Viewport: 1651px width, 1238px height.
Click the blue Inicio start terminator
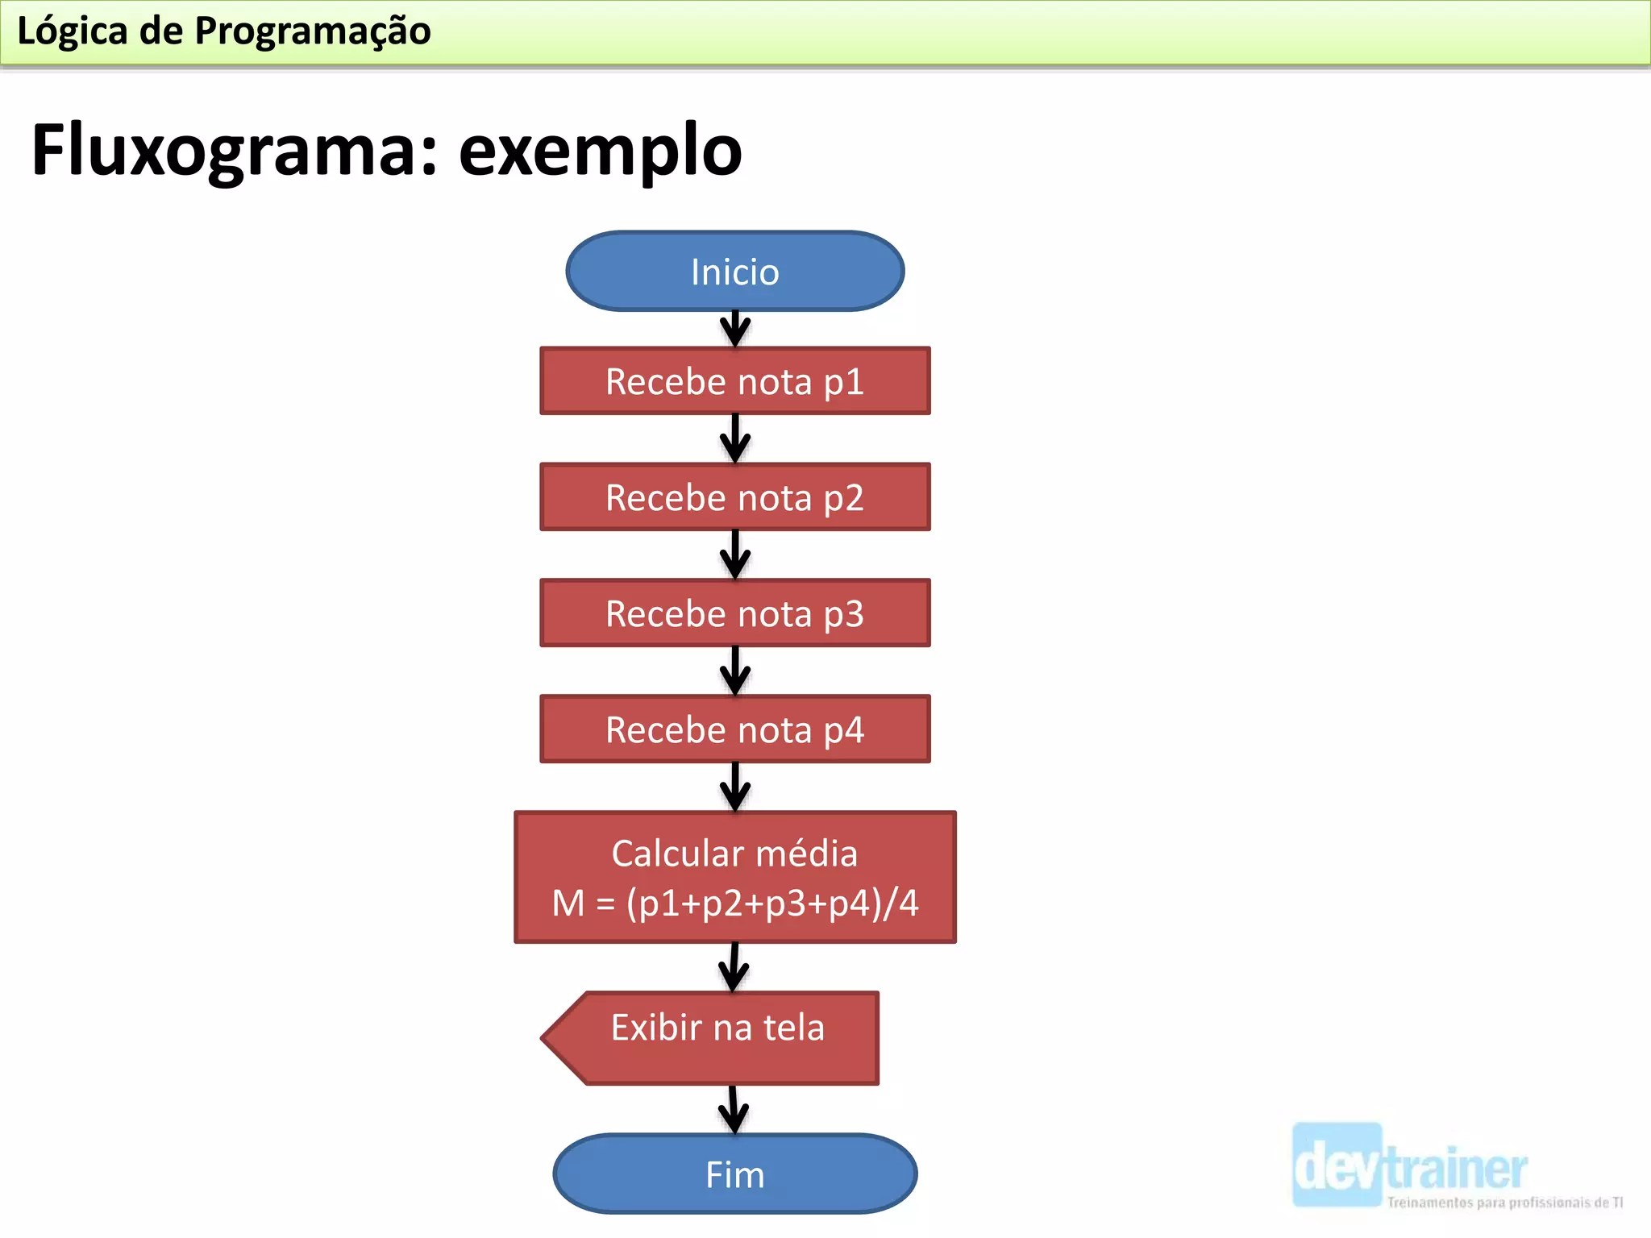pyautogui.click(x=734, y=272)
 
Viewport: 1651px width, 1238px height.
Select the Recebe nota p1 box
pyautogui.click(x=734, y=381)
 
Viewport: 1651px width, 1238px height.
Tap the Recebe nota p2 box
pyautogui.click(x=734, y=497)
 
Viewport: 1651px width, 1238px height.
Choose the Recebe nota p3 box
pyautogui.click(x=734, y=613)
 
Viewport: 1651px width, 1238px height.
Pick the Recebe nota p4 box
pyautogui.click(x=734, y=729)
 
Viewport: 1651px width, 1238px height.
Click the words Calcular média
pyautogui.click(x=734, y=854)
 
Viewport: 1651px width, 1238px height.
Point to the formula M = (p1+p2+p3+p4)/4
pyautogui.click(x=734, y=904)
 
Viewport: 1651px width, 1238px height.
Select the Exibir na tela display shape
pyautogui.click(x=717, y=1037)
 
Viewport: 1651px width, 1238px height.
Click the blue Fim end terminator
pyautogui.click(x=734, y=1174)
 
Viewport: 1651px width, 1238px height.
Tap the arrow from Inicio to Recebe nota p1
pyautogui.click(x=734, y=329)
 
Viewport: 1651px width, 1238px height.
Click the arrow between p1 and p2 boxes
pyautogui.click(x=734, y=439)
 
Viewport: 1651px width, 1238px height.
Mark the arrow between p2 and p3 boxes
pyautogui.click(x=734, y=555)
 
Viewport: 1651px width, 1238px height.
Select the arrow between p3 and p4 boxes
pyautogui.click(x=734, y=671)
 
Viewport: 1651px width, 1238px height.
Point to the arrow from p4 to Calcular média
pyautogui.click(x=734, y=787)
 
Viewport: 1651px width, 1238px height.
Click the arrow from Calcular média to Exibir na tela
pyautogui.click(x=734, y=968)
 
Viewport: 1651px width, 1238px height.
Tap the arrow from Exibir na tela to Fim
pyautogui.click(x=734, y=1110)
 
